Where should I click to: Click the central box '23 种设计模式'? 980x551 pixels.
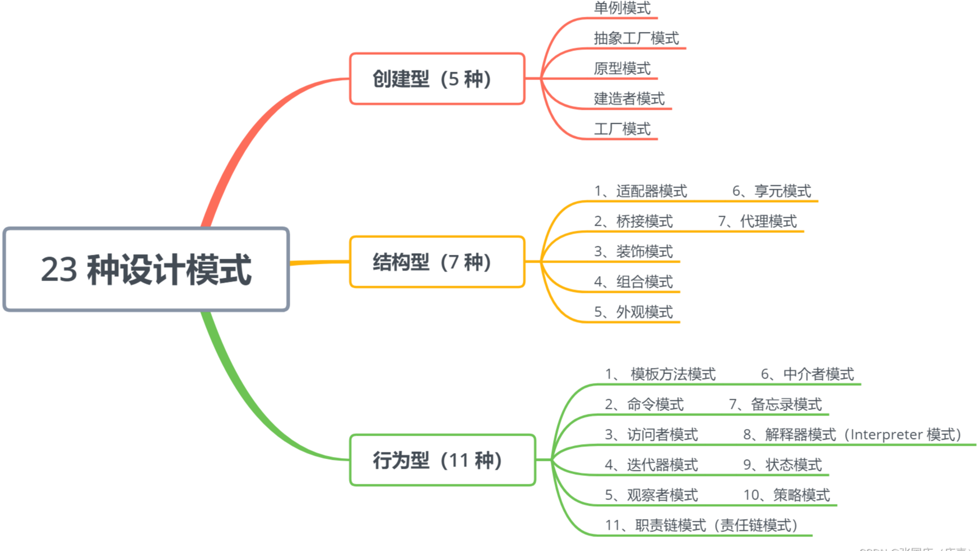click(x=146, y=269)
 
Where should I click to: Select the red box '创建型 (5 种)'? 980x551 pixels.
click(x=437, y=79)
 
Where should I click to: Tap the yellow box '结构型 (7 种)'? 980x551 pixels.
click(x=437, y=262)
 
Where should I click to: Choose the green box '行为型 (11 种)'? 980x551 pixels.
click(x=442, y=460)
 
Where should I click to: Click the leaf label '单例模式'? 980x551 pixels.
click(x=622, y=8)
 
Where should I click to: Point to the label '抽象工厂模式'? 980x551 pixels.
click(x=636, y=38)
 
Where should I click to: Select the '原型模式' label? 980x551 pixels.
click(x=622, y=68)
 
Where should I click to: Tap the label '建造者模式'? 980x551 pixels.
click(x=629, y=99)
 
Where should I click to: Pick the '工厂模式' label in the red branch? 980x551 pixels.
click(x=622, y=129)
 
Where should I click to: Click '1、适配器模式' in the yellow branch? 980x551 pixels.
click(x=640, y=192)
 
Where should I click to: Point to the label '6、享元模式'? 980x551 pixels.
click(x=772, y=192)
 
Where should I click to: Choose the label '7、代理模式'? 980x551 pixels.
click(x=758, y=222)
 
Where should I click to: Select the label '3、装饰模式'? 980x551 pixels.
click(x=633, y=252)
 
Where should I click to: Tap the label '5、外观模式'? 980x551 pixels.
click(x=633, y=312)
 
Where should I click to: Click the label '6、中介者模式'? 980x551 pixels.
click(x=807, y=374)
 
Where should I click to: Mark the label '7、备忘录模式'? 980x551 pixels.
click(x=775, y=404)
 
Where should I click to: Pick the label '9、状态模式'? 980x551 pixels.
click(x=782, y=465)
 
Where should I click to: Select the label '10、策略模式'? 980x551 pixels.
click(x=786, y=495)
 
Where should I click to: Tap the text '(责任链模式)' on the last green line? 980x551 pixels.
click(x=758, y=525)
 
